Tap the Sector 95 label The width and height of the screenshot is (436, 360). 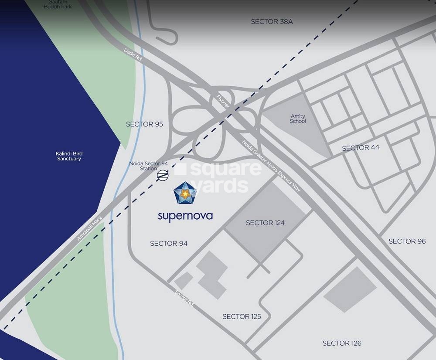tap(144, 124)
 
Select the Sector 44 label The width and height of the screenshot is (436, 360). tap(361, 148)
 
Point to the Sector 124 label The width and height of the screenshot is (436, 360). tap(265, 223)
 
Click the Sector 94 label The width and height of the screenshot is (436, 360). tap(169, 243)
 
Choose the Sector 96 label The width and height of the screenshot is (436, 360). tap(407, 241)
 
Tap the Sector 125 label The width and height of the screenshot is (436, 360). tap(242, 316)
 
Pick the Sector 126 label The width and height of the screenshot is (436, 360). tap(342, 343)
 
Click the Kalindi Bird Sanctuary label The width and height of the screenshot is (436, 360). tap(69, 156)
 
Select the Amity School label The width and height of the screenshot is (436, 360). tap(298, 119)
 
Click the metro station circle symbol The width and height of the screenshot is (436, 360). tap(162, 175)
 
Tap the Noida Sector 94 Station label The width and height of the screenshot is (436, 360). tap(148, 166)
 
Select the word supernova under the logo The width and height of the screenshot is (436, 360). tap(185, 216)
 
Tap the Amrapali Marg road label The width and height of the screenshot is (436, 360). tap(89, 228)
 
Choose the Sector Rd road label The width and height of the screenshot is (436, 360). tap(184, 298)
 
